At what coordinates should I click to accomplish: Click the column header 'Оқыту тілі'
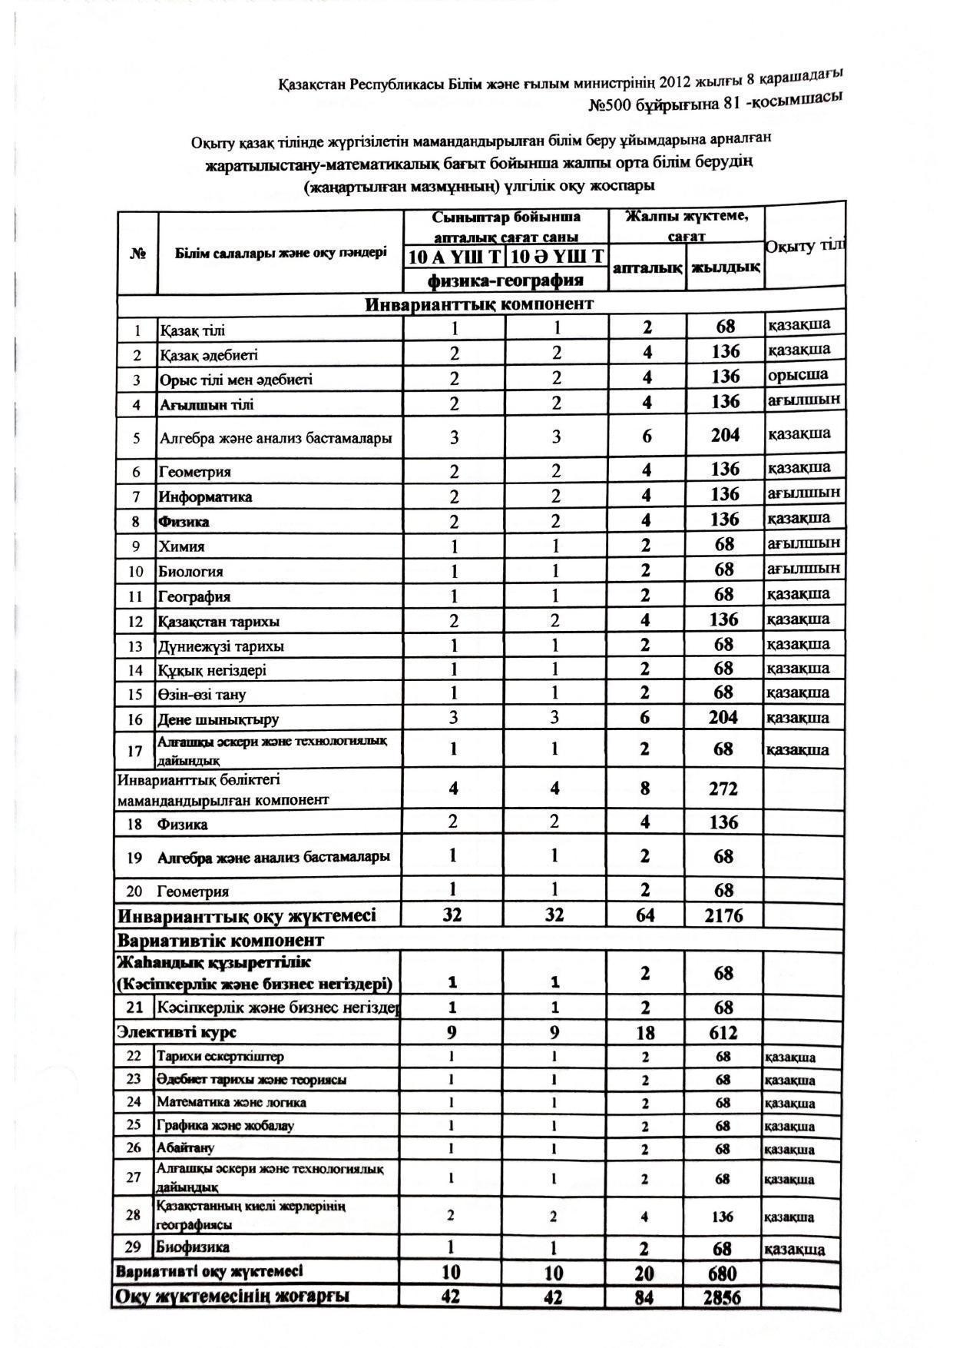point(804,246)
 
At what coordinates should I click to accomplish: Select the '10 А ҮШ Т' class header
point(455,256)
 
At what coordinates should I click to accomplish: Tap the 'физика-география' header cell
point(506,279)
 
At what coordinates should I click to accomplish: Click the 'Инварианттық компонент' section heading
point(479,304)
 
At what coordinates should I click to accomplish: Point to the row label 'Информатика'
point(205,496)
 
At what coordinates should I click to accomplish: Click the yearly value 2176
point(723,915)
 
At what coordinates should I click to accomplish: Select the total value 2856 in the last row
point(722,1297)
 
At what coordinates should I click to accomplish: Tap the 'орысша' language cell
point(798,375)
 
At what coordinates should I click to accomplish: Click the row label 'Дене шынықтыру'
point(218,720)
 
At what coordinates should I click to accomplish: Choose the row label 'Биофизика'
point(193,1247)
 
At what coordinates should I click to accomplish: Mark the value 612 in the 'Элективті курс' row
point(723,1032)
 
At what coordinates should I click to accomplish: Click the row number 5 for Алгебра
point(137,438)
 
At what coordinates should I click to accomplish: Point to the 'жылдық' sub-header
point(725,267)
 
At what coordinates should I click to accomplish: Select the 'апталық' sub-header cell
point(647,268)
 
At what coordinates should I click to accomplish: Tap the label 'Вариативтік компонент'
point(220,941)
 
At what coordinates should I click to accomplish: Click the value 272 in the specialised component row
point(723,789)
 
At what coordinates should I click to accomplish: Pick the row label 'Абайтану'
point(186,1148)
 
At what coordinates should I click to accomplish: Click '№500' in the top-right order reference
point(610,104)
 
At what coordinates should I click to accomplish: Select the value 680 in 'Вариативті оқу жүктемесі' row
point(722,1273)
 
